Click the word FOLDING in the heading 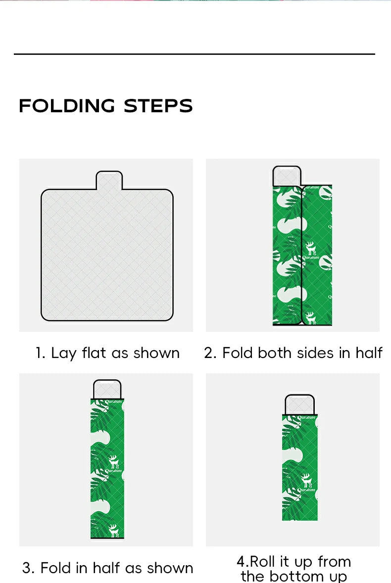(x=67, y=106)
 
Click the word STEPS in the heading (x=158, y=106)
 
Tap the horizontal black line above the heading (x=195, y=54)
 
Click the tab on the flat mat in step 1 (x=109, y=180)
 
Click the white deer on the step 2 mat (x=310, y=248)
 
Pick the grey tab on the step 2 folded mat (x=287, y=176)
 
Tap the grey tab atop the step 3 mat (x=107, y=389)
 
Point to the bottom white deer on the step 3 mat (x=113, y=530)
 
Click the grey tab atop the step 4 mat (x=300, y=404)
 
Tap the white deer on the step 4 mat (x=307, y=480)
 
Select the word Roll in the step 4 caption (x=263, y=561)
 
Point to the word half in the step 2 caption (x=369, y=353)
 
